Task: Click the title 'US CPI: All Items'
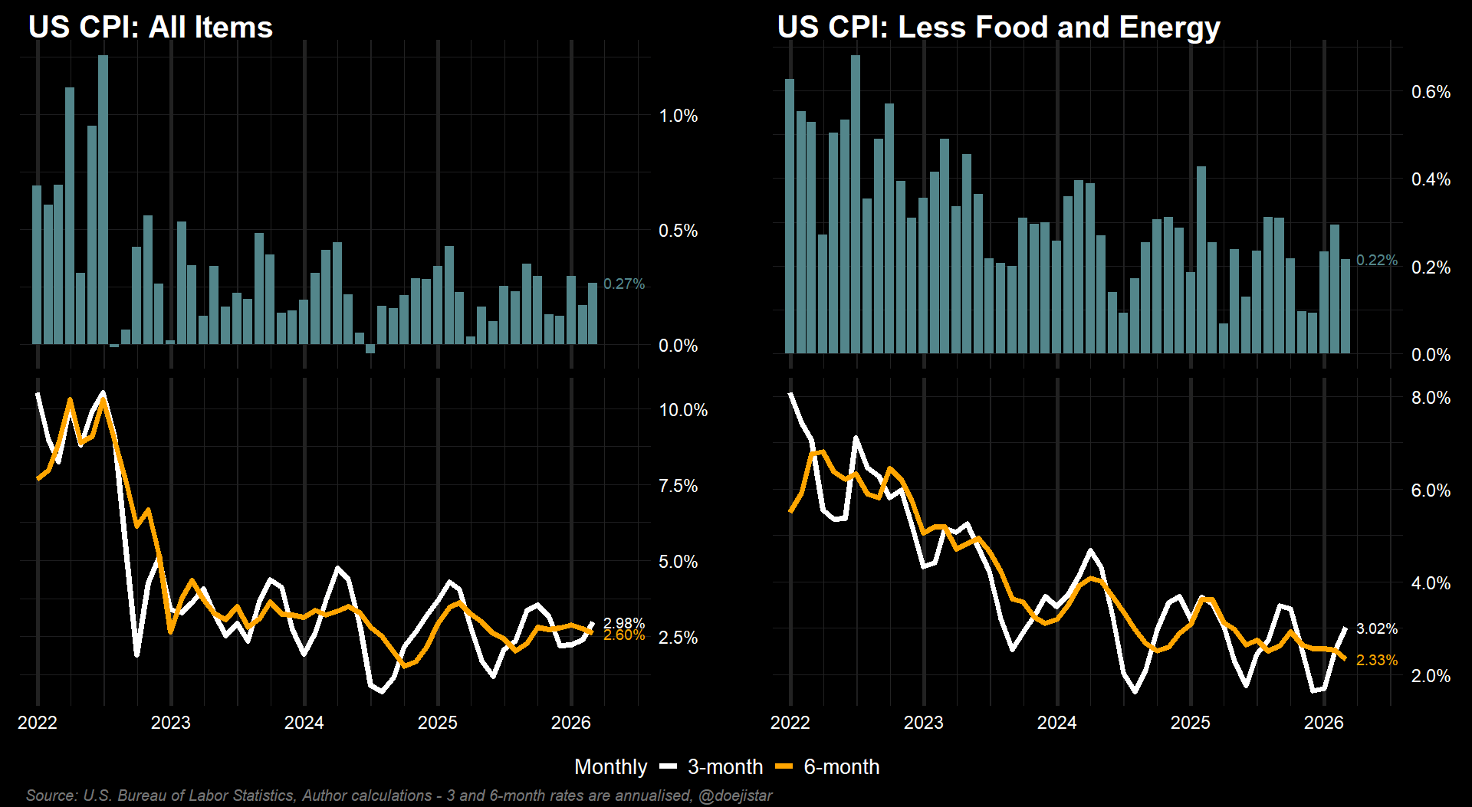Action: (x=150, y=28)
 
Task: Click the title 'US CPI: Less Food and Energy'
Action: (x=998, y=28)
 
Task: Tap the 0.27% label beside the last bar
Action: (x=623, y=284)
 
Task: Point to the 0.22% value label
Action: (x=1376, y=261)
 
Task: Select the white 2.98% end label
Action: (x=623, y=623)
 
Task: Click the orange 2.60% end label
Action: (x=623, y=635)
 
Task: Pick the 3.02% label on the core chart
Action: (x=1376, y=629)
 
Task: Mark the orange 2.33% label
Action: (x=1376, y=661)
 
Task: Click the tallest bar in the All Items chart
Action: (x=103, y=199)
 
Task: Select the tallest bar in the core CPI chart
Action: (x=856, y=204)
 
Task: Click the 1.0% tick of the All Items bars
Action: (x=678, y=116)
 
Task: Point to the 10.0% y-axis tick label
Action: (x=683, y=411)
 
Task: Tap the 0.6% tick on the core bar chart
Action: (x=1431, y=93)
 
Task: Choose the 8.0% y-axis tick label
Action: (x=1431, y=399)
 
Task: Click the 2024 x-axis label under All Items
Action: (x=304, y=723)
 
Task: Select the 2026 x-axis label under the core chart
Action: (x=1324, y=723)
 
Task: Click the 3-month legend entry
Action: (x=711, y=767)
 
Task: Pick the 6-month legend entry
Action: (x=828, y=767)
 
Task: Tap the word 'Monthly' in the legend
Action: (x=610, y=767)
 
